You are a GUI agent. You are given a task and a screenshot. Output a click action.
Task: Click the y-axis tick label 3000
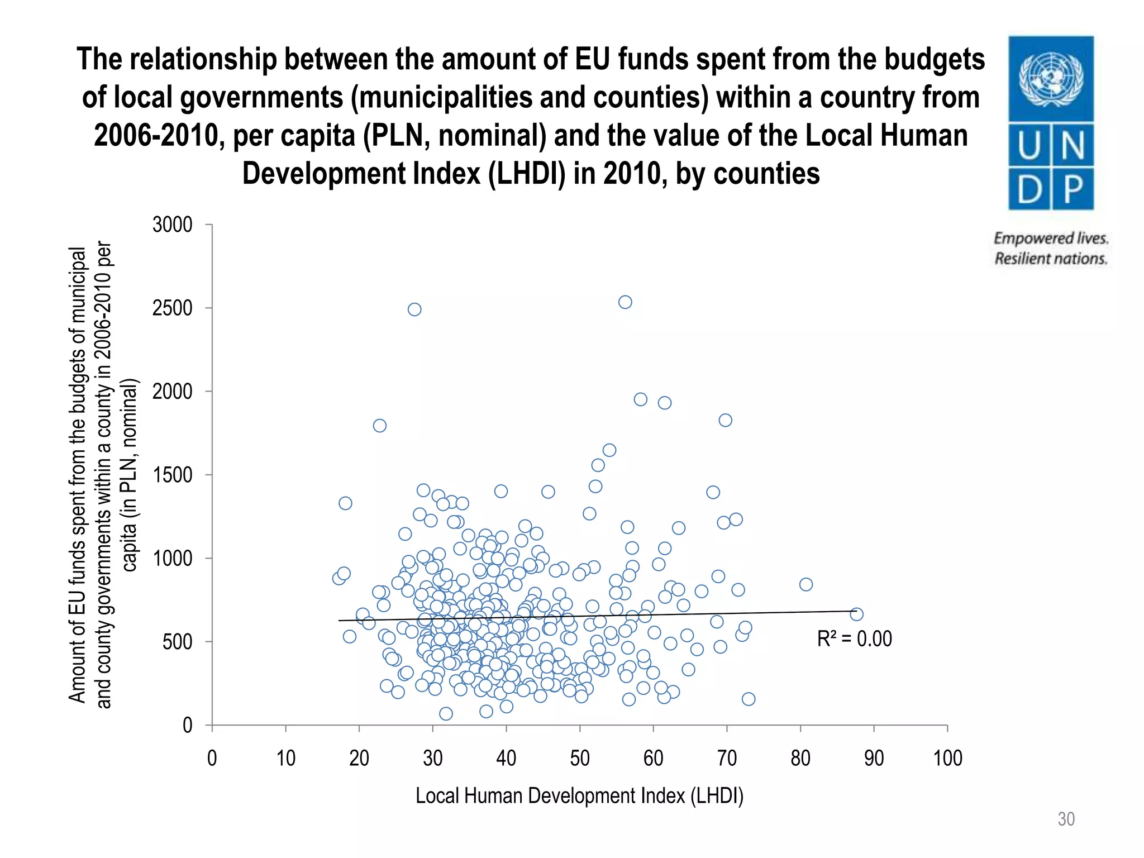click(x=172, y=225)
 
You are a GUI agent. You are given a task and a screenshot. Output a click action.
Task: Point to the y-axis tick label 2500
click(x=172, y=308)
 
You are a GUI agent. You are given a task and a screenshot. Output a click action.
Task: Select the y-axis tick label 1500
click(x=172, y=475)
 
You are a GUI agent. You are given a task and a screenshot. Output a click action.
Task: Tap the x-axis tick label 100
click(x=947, y=759)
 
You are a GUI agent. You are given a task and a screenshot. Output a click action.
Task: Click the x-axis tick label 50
click(x=580, y=759)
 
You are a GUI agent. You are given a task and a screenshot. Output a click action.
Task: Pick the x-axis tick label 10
click(x=285, y=759)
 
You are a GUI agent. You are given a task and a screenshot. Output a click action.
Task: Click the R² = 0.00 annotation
click(x=854, y=639)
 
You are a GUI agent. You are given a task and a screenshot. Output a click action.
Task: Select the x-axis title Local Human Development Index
click(x=579, y=796)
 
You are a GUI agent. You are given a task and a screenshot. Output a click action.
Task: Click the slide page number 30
click(x=1066, y=819)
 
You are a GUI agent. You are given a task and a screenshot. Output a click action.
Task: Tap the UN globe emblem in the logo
click(x=1051, y=79)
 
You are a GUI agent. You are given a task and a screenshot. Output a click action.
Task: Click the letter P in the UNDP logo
click(x=1073, y=189)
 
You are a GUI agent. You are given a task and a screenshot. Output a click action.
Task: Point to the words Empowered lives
click(x=1051, y=239)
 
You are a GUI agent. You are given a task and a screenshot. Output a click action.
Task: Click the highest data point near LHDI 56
click(x=625, y=302)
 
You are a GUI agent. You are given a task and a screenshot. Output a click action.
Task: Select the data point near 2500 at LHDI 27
click(x=414, y=309)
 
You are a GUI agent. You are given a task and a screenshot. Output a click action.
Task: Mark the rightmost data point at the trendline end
click(x=856, y=614)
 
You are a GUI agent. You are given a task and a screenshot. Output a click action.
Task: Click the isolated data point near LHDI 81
click(x=805, y=584)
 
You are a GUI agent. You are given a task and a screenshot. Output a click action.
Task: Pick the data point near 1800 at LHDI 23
click(x=379, y=426)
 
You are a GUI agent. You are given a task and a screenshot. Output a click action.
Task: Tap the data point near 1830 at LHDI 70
click(x=725, y=420)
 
